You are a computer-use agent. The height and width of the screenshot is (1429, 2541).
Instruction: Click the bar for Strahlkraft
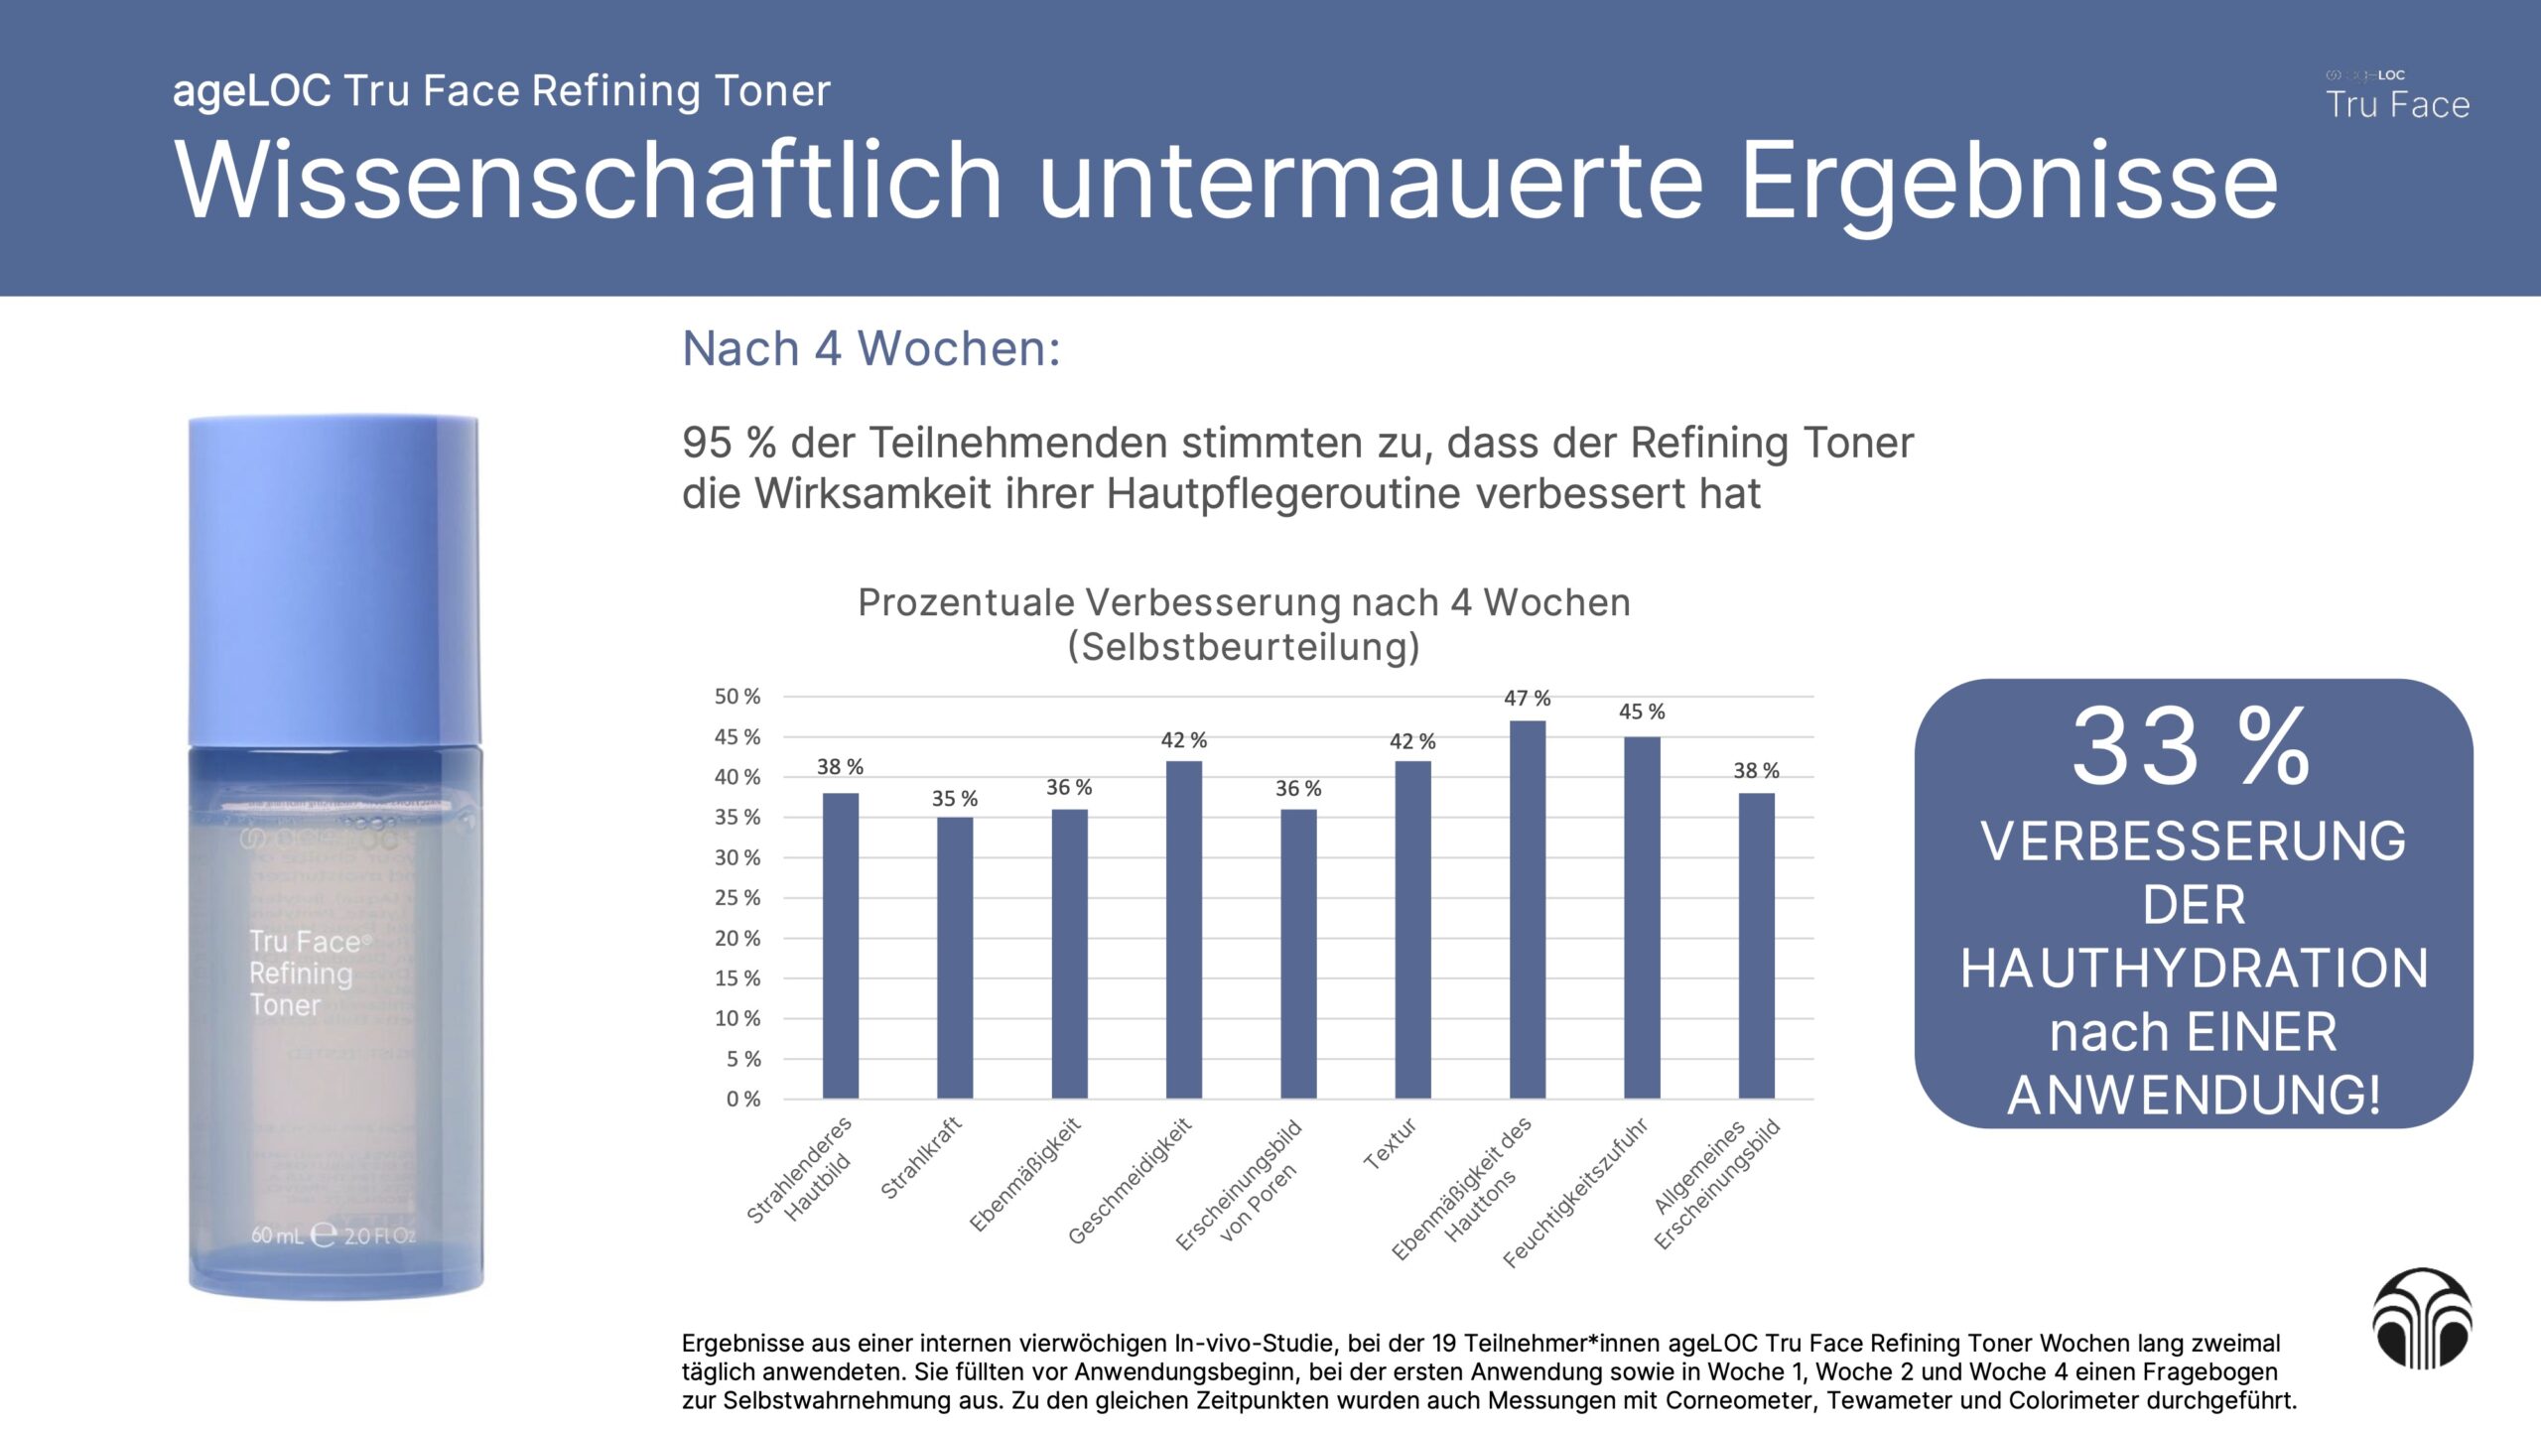click(955, 957)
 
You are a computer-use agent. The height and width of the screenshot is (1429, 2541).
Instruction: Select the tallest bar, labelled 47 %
click(1527, 909)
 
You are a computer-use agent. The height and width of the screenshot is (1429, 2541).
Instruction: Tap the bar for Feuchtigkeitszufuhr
click(1642, 917)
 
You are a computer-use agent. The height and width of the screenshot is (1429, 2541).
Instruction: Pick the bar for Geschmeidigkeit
click(1183, 929)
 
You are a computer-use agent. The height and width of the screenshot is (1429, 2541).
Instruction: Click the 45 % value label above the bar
click(1642, 712)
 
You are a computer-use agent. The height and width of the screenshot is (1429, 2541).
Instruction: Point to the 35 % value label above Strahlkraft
click(954, 799)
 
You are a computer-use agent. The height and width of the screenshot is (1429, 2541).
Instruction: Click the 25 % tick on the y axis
click(737, 898)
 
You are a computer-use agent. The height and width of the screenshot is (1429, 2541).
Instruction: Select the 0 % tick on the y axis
click(743, 1100)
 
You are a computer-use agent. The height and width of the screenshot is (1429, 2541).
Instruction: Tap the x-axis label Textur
click(1390, 1144)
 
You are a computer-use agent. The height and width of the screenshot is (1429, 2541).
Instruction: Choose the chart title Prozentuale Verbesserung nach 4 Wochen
click(1244, 603)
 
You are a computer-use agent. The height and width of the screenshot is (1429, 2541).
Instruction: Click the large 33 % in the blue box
click(2192, 746)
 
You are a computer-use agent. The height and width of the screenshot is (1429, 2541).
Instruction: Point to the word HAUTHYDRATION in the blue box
click(2194, 969)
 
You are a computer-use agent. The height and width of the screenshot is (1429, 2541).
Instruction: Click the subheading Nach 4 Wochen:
click(871, 349)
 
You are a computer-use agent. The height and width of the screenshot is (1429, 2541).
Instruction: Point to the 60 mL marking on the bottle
click(277, 1235)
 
